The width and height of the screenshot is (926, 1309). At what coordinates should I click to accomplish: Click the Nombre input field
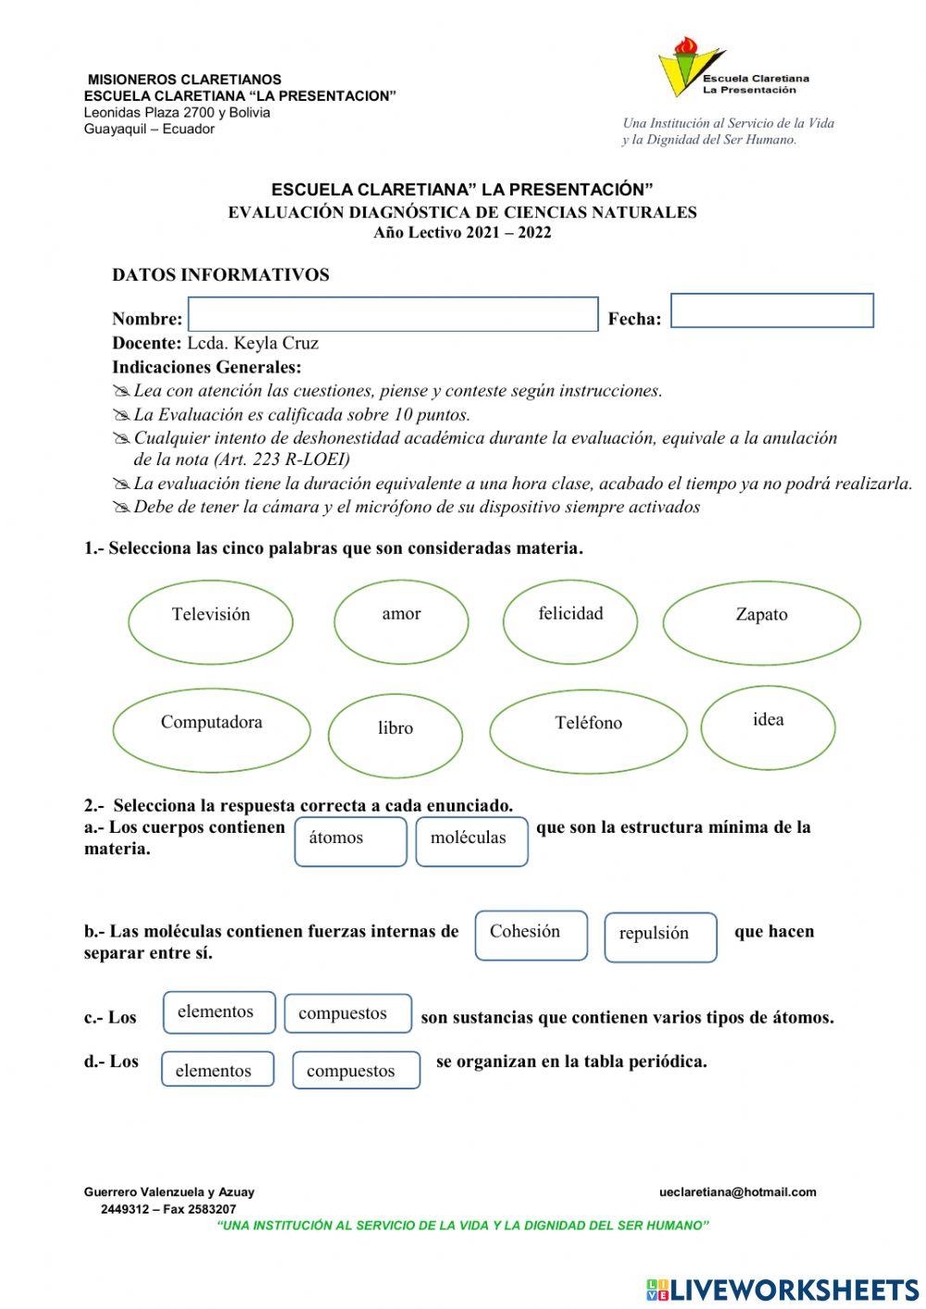[x=393, y=314]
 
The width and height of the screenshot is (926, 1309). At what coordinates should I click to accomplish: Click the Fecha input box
[x=771, y=310]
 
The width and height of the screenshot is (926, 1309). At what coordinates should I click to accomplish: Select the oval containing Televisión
[x=210, y=620]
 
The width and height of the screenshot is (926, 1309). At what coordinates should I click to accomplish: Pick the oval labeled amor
[x=401, y=620]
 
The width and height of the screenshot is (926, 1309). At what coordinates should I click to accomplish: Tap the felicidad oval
[x=570, y=620]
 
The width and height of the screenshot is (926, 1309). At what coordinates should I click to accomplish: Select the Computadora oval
[x=211, y=730]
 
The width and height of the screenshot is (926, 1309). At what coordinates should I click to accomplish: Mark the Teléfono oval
[x=588, y=731]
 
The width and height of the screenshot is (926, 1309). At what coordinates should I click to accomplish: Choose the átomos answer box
[x=350, y=841]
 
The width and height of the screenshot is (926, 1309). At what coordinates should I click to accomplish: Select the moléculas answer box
[x=471, y=841]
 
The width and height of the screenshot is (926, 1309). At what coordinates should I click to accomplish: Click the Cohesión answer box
[x=531, y=935]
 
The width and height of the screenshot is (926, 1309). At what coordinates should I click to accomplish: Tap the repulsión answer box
[x=660, y=938]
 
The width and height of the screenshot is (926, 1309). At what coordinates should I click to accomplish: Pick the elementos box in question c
[x=219, y=1013]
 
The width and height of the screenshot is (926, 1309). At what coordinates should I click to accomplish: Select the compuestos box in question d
[x=356, y=1070]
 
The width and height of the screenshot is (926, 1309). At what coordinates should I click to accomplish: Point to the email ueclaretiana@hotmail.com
[x=737, y=1192]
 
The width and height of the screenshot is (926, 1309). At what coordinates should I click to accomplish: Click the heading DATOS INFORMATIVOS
[x=220, y=275]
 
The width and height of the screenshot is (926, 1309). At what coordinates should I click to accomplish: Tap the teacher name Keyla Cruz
[x=276, y=343]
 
